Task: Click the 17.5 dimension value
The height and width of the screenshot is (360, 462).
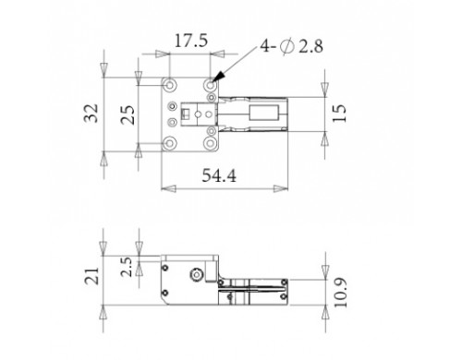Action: coord(191,42)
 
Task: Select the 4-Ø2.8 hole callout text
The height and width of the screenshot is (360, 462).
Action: coord(291,46)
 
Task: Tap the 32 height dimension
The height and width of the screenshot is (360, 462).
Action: coord(91,114)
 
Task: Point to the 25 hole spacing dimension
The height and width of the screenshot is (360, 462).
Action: coord(128,114)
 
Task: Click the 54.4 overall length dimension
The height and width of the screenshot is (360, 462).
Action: coord(219,176)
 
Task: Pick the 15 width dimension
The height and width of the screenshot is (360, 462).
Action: coord(339,114)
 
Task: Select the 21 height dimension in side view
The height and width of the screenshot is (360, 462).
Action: coord(92,276)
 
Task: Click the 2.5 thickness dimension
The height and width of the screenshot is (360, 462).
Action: coord(127,267)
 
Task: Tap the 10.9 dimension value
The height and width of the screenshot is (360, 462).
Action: coord(340,293)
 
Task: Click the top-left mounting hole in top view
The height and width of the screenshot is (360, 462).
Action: coord(170,84)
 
